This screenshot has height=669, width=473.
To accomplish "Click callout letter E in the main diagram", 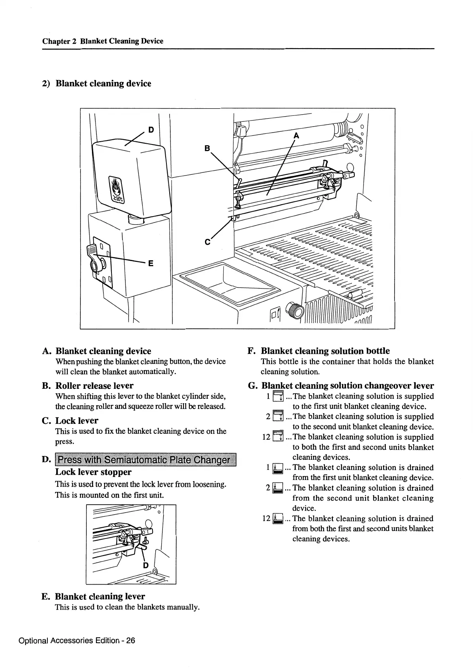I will [151, 263].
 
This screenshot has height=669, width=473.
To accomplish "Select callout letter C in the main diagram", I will [207, 242].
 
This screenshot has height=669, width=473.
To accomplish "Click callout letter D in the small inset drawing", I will [146, 565].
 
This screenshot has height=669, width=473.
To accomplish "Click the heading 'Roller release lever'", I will [94, 385].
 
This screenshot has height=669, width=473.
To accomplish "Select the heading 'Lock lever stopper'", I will [93, 472].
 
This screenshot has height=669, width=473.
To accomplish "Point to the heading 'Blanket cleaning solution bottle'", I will [325, 351].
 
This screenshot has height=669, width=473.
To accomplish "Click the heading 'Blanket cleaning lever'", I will [100, 596].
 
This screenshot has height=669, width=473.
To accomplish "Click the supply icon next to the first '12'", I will [278, 437].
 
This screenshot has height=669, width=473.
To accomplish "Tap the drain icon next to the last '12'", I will [278, 519].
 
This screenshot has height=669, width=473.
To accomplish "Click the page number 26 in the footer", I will [131, 640].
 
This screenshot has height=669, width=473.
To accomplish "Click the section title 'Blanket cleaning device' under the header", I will [103, 83].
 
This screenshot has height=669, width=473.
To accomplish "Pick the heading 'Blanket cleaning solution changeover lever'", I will [348, 385].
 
